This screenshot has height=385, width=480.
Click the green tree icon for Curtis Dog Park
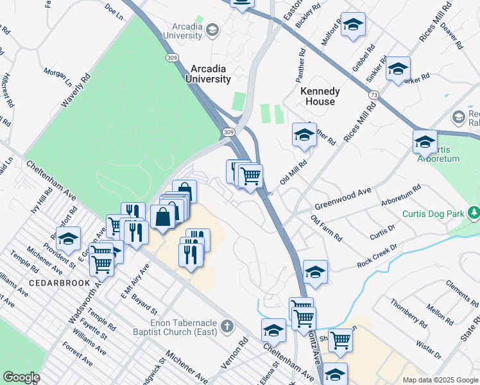474,212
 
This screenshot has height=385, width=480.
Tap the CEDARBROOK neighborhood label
53,283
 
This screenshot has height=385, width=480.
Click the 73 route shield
373,94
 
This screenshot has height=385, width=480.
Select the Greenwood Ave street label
343,199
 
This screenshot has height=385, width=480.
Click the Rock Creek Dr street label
378,255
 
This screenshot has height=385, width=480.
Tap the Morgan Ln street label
58,77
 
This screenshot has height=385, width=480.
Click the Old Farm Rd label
326,228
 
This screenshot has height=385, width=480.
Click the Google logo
21,377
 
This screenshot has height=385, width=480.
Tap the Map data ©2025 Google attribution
440,379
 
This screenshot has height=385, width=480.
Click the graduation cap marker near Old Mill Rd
304,134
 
